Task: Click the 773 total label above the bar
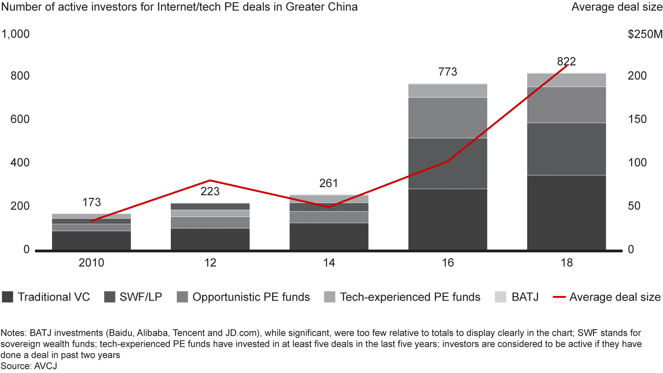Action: point(448,72)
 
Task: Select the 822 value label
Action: point(566,62)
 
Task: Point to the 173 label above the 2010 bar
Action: point(92,202)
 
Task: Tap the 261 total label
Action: point(329,183)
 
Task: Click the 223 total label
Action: point(210,192)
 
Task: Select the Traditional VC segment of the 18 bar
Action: point(566,212)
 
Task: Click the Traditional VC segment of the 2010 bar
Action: point(92,240)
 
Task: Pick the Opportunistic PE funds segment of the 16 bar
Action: point(448,117)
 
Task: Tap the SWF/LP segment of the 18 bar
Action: point(566,149)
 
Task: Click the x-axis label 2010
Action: point(92,263)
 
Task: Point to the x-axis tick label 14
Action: point(329,263)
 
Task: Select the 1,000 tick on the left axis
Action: point(16,35)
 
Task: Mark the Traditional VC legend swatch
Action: point(7,297)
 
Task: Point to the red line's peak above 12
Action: point(210,180)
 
